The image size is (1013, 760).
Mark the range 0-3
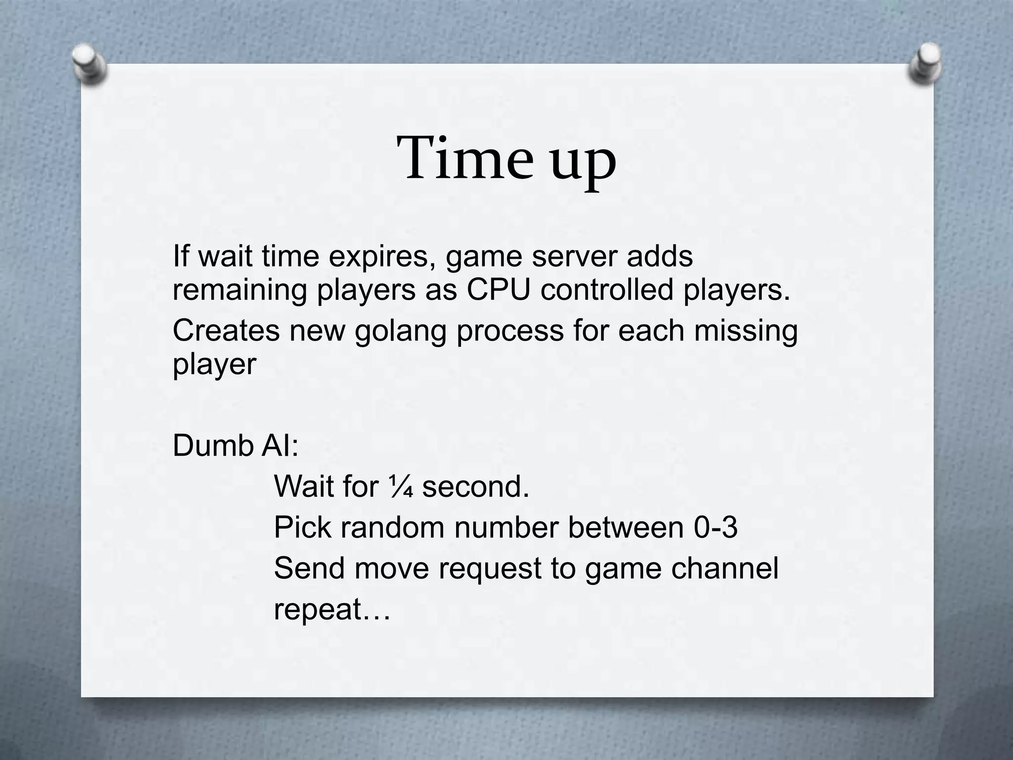coord(715,527)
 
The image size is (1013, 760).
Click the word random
coord(392,527)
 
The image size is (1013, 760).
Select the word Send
coord(309,568)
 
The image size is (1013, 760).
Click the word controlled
coord(607,290)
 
